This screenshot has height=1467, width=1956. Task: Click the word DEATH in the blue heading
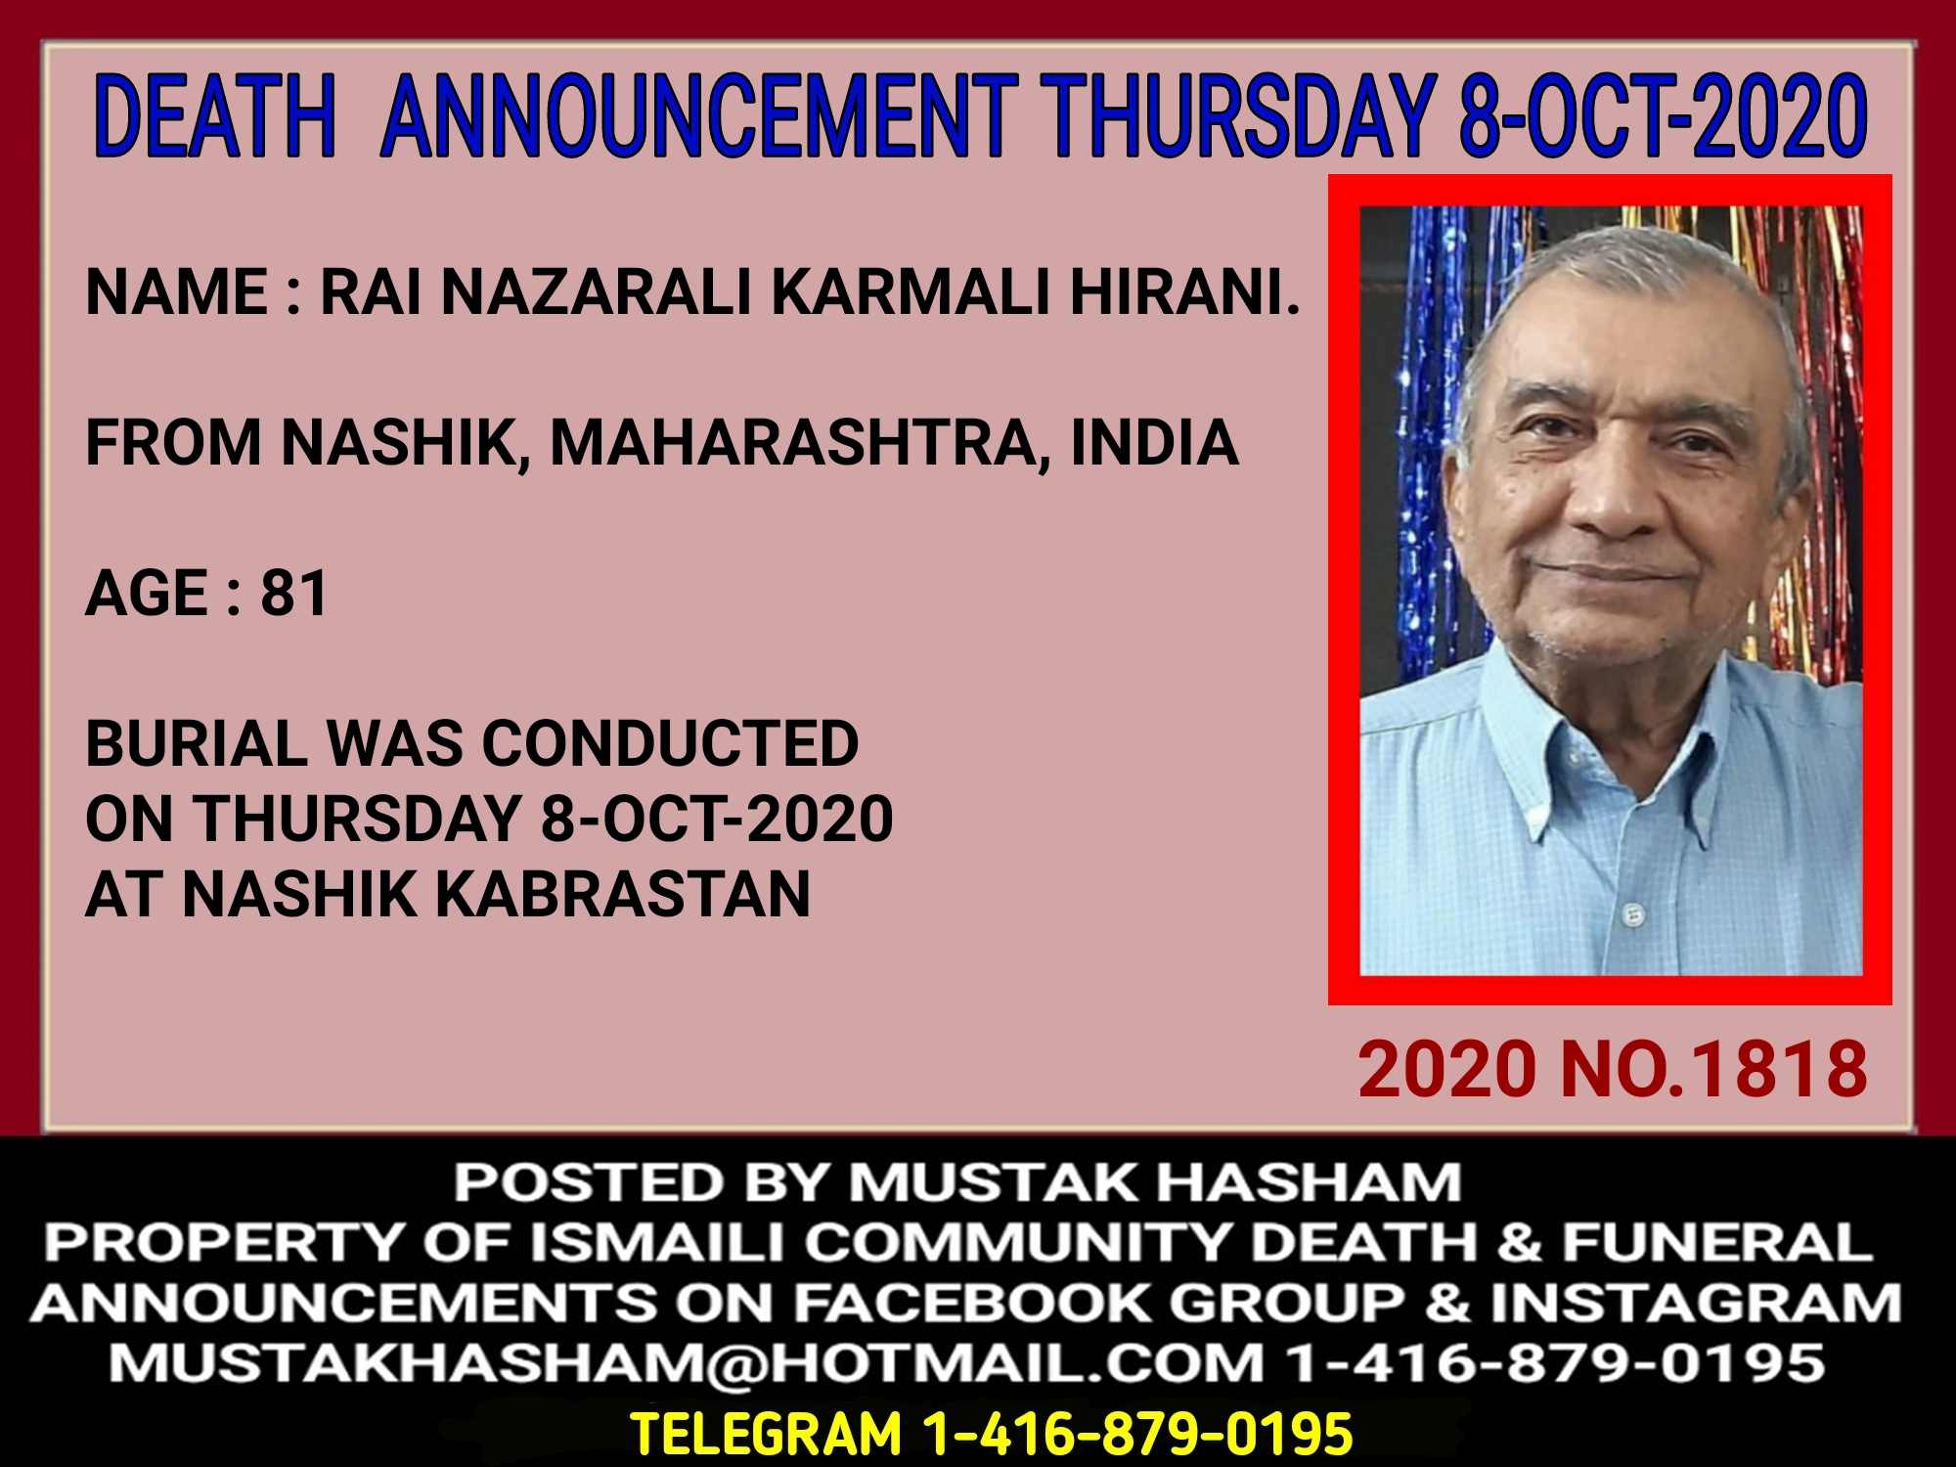tap(215, 116)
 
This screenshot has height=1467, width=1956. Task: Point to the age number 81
tap(293, 593)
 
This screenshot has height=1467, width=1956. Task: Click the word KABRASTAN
tap(622, 894)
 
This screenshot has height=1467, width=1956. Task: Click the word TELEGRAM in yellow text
tap(766, 1434)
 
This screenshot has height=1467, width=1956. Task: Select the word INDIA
tap(1155, 442)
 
